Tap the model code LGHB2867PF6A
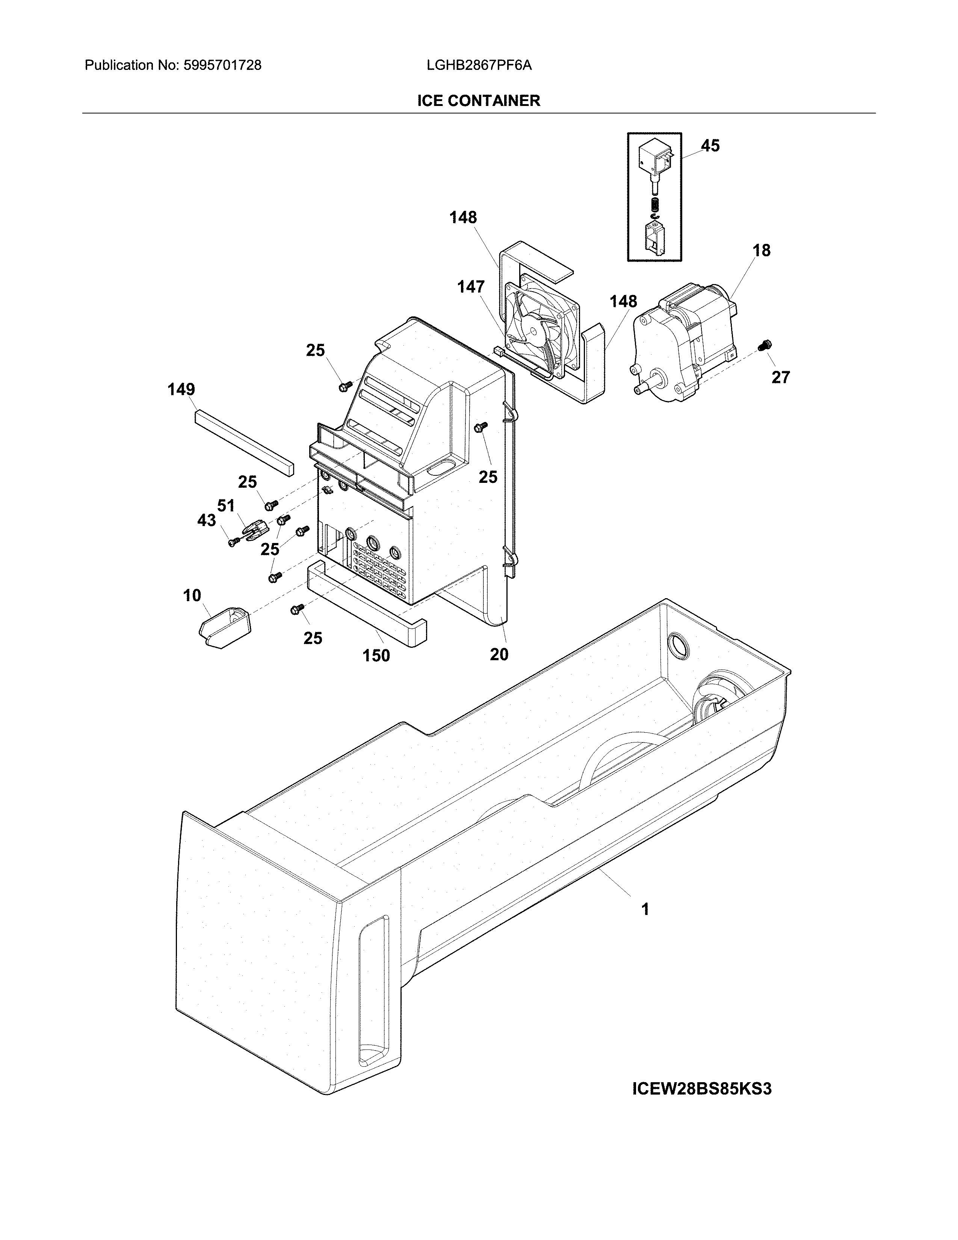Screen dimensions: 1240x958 tap(479, 65)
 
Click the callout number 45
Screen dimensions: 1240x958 tap(710, 146)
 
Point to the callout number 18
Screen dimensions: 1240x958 tap(762, 250)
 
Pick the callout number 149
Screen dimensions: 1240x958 tap(181, 390)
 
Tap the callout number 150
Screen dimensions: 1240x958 tap(376, 656)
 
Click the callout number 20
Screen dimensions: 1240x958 tap(499, 655)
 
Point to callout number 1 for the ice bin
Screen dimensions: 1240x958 tap(645, 910)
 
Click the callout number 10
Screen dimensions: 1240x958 tap(192, 596)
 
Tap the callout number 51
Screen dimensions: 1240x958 tap(226, 506)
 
